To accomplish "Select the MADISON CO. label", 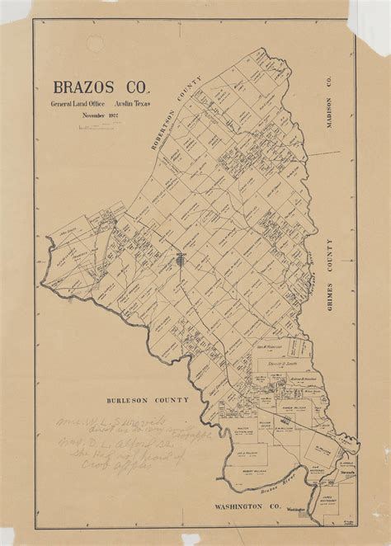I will (x=327, y=98).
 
